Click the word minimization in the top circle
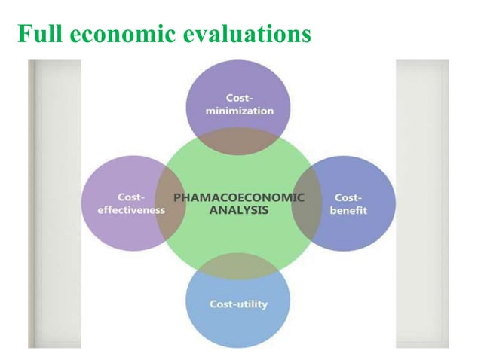239,111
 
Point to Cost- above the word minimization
239,98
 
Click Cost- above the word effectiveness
131,197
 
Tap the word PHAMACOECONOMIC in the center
239,197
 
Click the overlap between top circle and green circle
238,142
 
